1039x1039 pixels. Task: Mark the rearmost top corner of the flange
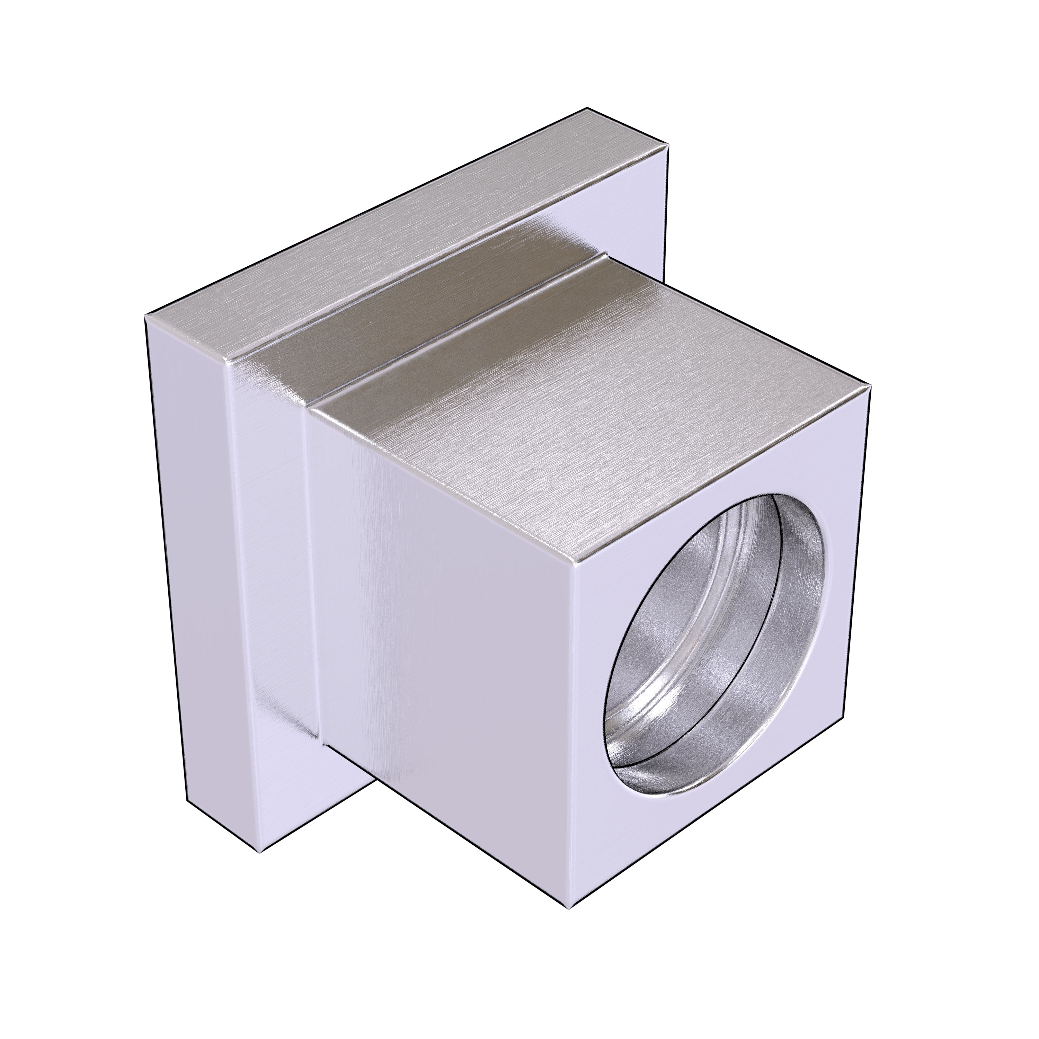click(x=586, y=109)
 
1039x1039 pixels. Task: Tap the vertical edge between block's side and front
click(x=574, y=726)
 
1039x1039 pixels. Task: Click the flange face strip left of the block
click(x=269, y=538)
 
